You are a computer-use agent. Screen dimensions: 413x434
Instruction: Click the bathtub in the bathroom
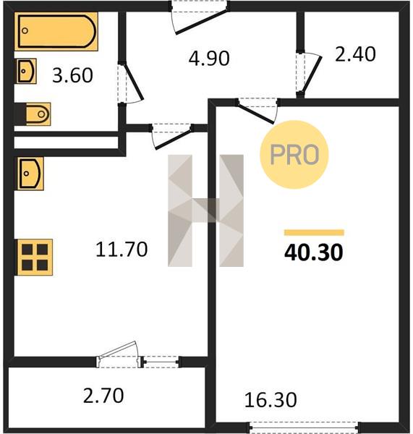pos(56,31)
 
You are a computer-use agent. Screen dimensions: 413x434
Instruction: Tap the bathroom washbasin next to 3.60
pos(27,71)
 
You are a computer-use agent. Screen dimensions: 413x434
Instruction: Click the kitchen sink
pos(30,174)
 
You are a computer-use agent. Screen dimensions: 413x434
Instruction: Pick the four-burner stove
pos(35,258)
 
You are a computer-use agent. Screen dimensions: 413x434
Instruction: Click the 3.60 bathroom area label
pos(72,75)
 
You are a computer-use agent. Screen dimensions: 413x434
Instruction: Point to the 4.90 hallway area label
pos(209,59)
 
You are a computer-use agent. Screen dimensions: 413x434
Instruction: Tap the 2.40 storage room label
pos(355,54)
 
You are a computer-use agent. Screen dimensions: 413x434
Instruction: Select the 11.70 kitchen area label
pos(122,250)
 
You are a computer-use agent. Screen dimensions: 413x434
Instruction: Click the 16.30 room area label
pos(271,400)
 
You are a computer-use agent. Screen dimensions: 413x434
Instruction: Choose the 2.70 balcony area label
pos(103,396)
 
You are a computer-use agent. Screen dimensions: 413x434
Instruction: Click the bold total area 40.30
pos(314,252)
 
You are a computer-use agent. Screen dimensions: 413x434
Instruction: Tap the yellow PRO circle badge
pos(294,155)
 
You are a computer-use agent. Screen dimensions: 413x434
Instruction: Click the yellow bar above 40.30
pos(314,232)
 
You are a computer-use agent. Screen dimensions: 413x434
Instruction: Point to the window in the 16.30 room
pos(305,427)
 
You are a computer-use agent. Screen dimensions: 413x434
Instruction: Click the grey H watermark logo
pos(205,210)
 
